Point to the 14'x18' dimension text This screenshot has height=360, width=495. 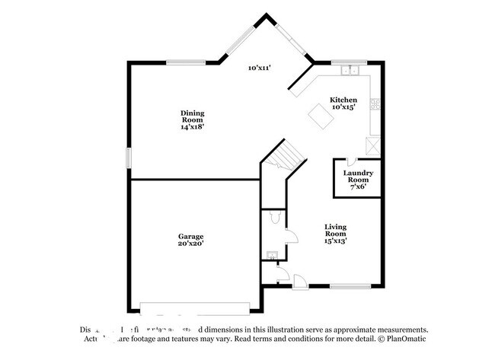(x=192, y=128)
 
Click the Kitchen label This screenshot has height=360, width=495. (x=343, y=100)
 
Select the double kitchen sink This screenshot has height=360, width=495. (x=351, y=71)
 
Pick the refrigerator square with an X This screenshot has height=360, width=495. (x=372, y=145)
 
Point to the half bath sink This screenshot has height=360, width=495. (x=270, y=255)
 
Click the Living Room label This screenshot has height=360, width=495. (x=336, y=231)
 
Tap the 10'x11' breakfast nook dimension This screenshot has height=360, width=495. (x=261, y=68)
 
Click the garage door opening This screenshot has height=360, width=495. (x=196, y=308)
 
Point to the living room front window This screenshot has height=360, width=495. (x=350, y=287)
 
